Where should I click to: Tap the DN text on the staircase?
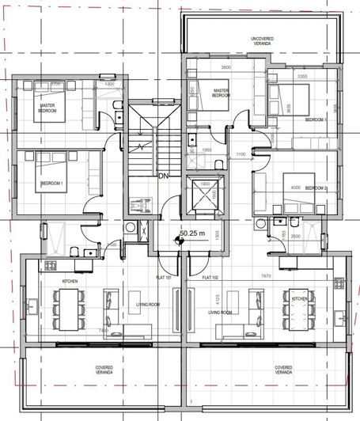click(x=164, y=176)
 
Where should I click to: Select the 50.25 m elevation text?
click(x=192, y=234)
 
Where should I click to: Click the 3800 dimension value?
click(x=225, y=68)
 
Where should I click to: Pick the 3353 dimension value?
click(x=301, y=76)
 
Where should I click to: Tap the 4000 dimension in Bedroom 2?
click(x=296, y=188)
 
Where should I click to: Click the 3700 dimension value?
click(x=55, y=84)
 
